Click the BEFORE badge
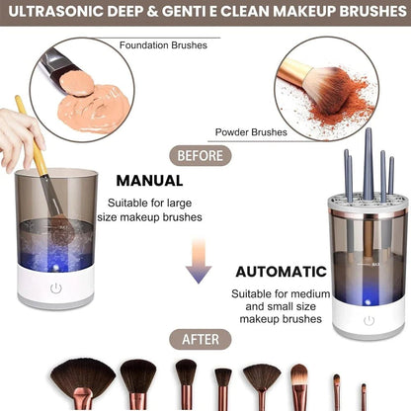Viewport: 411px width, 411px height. point(203,155)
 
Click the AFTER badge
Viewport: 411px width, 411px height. point(203,339)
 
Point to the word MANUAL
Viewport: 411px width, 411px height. point(149,181)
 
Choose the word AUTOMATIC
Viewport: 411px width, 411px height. point(280,270)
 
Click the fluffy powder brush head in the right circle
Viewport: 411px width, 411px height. point(342,88)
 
